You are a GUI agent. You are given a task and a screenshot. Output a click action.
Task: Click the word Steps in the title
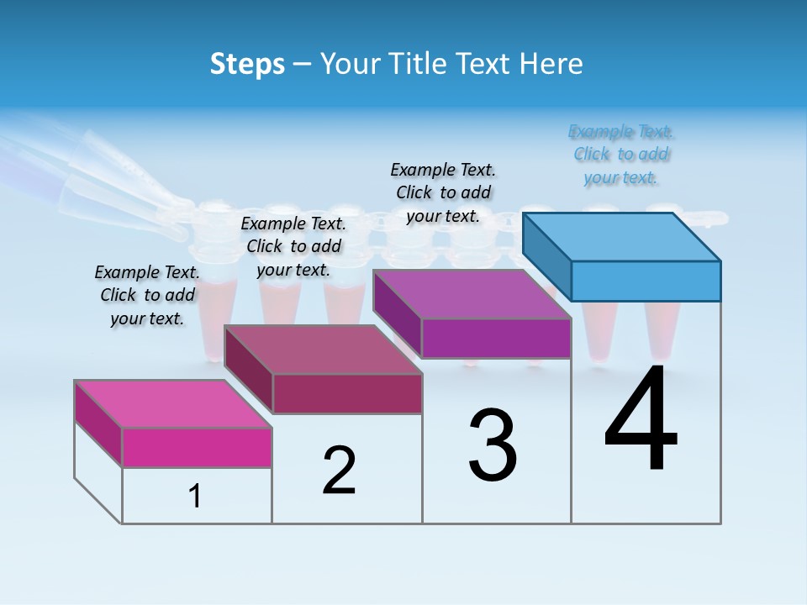click(247, 64)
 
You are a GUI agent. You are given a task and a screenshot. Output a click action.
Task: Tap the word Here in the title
click(551, 64)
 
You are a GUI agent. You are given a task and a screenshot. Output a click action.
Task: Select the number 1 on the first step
click(195, 497)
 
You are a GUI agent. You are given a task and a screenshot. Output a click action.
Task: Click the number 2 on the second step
click(339, 471)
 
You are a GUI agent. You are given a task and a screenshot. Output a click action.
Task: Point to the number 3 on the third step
click(493, 445)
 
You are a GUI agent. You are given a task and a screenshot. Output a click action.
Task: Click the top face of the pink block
click(173, 403)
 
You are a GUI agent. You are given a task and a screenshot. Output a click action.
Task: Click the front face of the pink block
click(197, 447)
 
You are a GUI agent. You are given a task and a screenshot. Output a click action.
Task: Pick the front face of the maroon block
click(347, 393)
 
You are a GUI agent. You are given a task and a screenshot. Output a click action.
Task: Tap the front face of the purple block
click(496, 338)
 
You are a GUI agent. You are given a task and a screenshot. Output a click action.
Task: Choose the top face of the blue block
click(621, 236)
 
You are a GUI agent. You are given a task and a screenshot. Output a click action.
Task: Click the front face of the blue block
click(646, 281)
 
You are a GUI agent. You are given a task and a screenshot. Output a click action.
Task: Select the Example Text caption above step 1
click(147, 295)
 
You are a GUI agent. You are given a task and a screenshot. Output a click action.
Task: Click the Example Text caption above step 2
click(293, 246)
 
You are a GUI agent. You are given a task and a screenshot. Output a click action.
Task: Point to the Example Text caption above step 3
click(443, 192)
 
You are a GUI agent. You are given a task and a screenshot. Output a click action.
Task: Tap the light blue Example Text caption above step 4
click(621, 155)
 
